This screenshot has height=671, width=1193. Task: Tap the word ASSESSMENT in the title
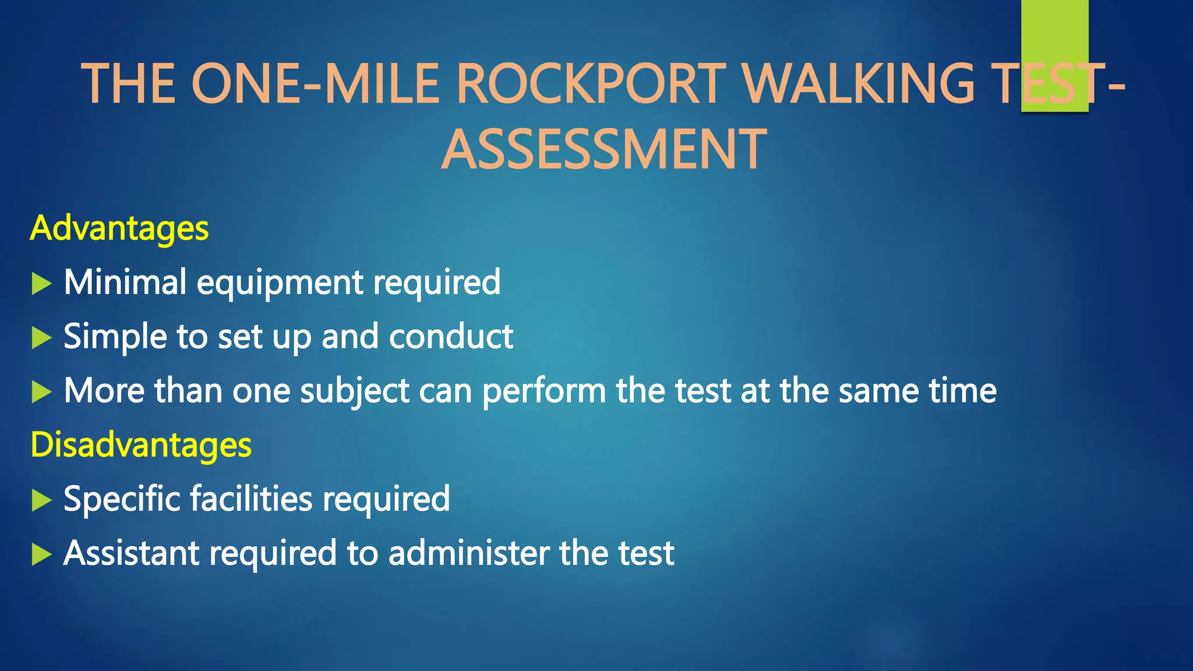coord(603,150)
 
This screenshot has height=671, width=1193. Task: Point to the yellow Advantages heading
coord(119,228)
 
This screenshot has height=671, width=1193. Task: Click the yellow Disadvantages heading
coord(141,444)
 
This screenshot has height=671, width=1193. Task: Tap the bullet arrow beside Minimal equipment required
coord(41,284)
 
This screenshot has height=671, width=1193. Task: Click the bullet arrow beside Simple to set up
coord(41,338)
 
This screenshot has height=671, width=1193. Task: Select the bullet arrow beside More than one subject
coord(41,392)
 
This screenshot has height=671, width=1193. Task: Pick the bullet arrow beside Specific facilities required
coord(41,500)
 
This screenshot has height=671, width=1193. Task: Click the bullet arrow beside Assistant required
coord(41,555)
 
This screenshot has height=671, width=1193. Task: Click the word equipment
coord(280,284)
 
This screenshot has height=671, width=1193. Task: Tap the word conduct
coord(451,337)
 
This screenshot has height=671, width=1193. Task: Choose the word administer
coord(468,553)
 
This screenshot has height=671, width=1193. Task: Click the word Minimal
coord(125,282)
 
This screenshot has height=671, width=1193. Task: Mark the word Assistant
coord(131,553)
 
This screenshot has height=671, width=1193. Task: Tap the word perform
coord(544,391)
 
